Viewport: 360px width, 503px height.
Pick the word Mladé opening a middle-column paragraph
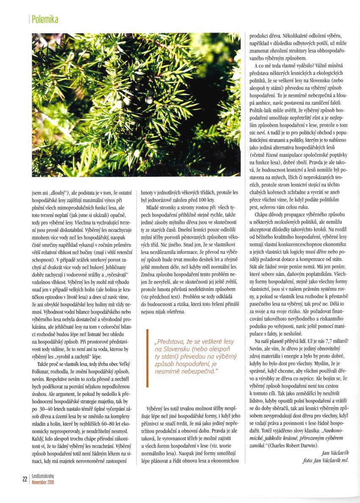pyautogui.click(x=154, y=208)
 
